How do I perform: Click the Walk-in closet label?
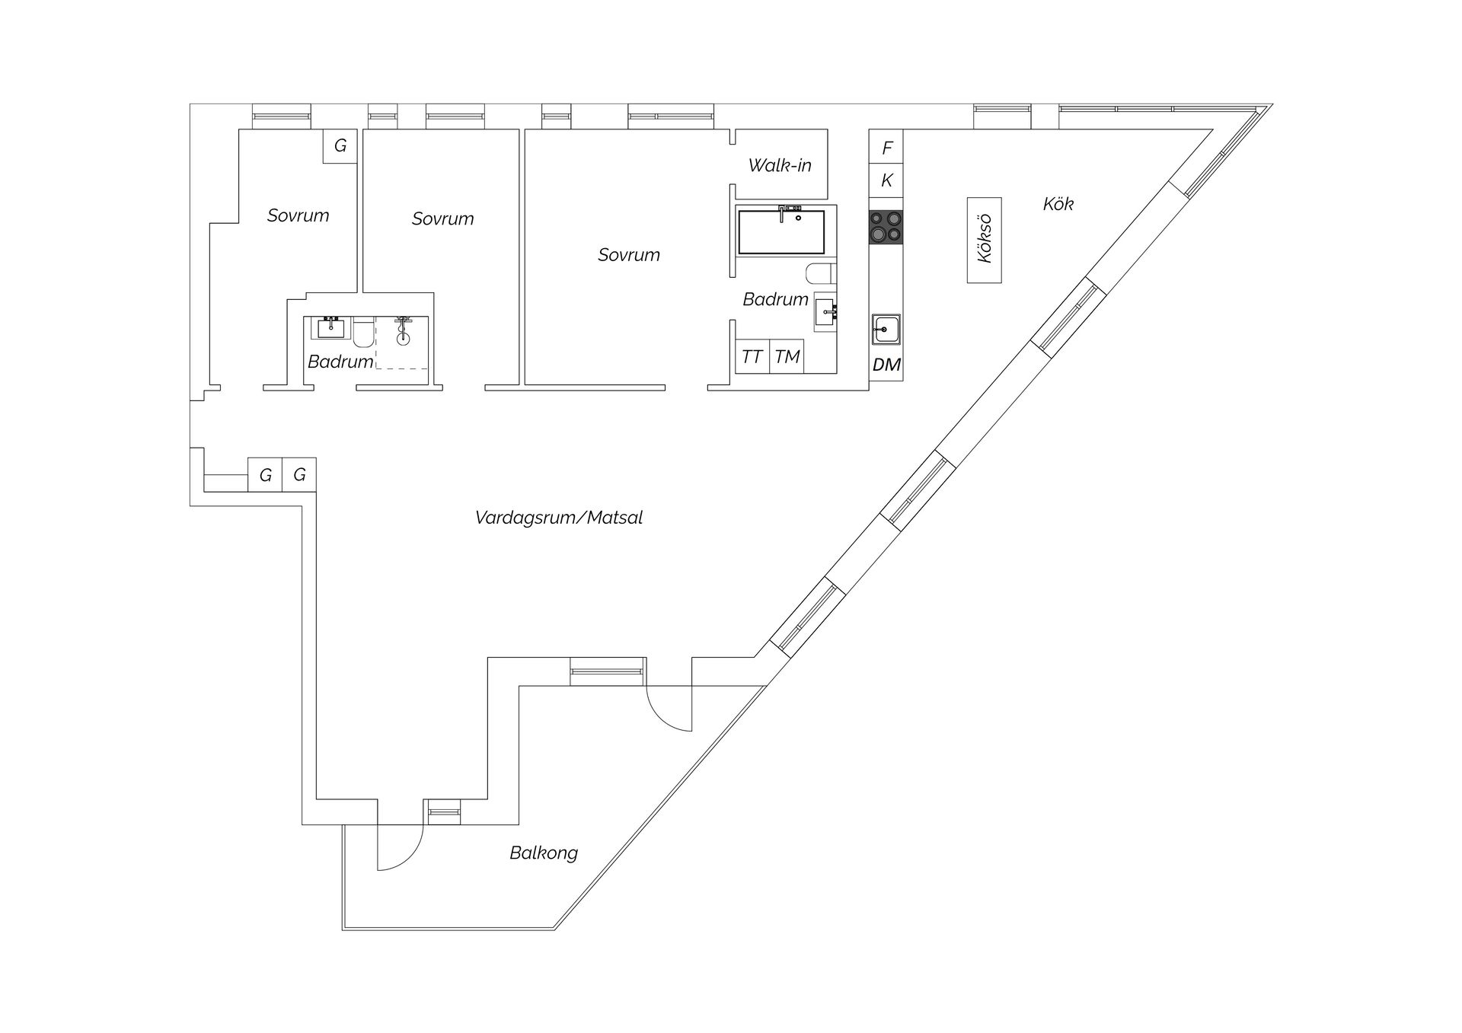click(x=780, y=165)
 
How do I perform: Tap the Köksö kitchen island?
click(x=984, y=240)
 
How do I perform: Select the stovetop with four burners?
click(x=886, y=227)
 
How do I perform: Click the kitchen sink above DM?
click(x=886, y=330)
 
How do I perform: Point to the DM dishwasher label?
click(x=886, y=365)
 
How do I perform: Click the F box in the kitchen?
click(x=886, y=147)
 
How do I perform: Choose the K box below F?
click(x=886, y=180)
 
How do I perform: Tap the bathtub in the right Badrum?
click(x=781, y=231)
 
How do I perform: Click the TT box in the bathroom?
click(x=752, y=356)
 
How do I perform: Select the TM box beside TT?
click(x=787, y=356)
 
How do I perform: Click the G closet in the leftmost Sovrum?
click(x=340, y=145)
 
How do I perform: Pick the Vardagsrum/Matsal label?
click(x=559, y=518)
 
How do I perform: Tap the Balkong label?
click(x=544, y=853)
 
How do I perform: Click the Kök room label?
click(x=1058, y=203)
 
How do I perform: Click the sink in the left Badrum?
click(x=330, y=328)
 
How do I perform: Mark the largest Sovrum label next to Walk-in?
click(x=628, y=255)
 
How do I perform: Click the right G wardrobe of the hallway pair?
click(x=299, y=474)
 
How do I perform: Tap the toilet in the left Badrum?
click(x=363, y=333)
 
